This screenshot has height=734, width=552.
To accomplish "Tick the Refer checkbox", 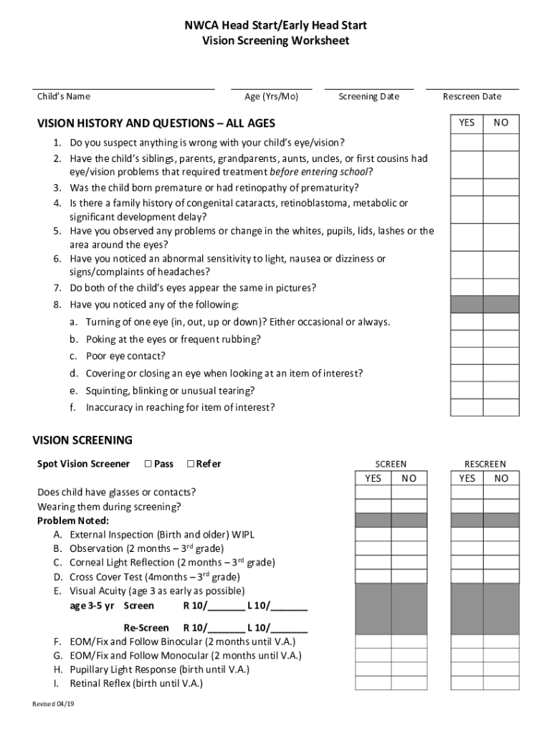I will pyautogui.click(x=191, y=464).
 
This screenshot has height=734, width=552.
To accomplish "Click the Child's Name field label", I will pyautogui.click(x=64, y=97).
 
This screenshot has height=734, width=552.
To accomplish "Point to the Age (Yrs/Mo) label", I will pyautogui.click(x=272, y=97).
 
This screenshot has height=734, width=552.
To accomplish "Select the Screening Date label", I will pyautogui.click(x=368, y=97).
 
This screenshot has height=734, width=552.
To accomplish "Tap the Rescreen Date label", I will pyautogui.click(x=472, y=97).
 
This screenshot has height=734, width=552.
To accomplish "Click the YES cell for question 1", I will pyautogui.click(x=466, y=142).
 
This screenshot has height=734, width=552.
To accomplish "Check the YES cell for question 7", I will pyautogui.click(x=466, y=287).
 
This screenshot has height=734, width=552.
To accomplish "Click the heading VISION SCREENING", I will pyautogui.click(x=82, y=440).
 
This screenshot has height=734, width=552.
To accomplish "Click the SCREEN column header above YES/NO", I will pyautogui.click(x=391, y=464).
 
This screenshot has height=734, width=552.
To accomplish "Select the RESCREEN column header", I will pyautogui.click(x=485, y=464).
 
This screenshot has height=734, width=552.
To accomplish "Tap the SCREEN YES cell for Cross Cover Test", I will pyautogui.click(x=373, y=576).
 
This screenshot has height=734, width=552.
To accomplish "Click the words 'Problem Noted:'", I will pyautogui.click(x=73, y=520).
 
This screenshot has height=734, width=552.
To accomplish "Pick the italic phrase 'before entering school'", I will pyautogui.click(x=320, y=172).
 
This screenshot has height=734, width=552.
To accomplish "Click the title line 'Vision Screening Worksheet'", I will pyautogui.click(x=276, y=41).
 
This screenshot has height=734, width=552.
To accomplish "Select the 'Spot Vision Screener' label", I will pyautogui.click(x=83, y=464).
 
